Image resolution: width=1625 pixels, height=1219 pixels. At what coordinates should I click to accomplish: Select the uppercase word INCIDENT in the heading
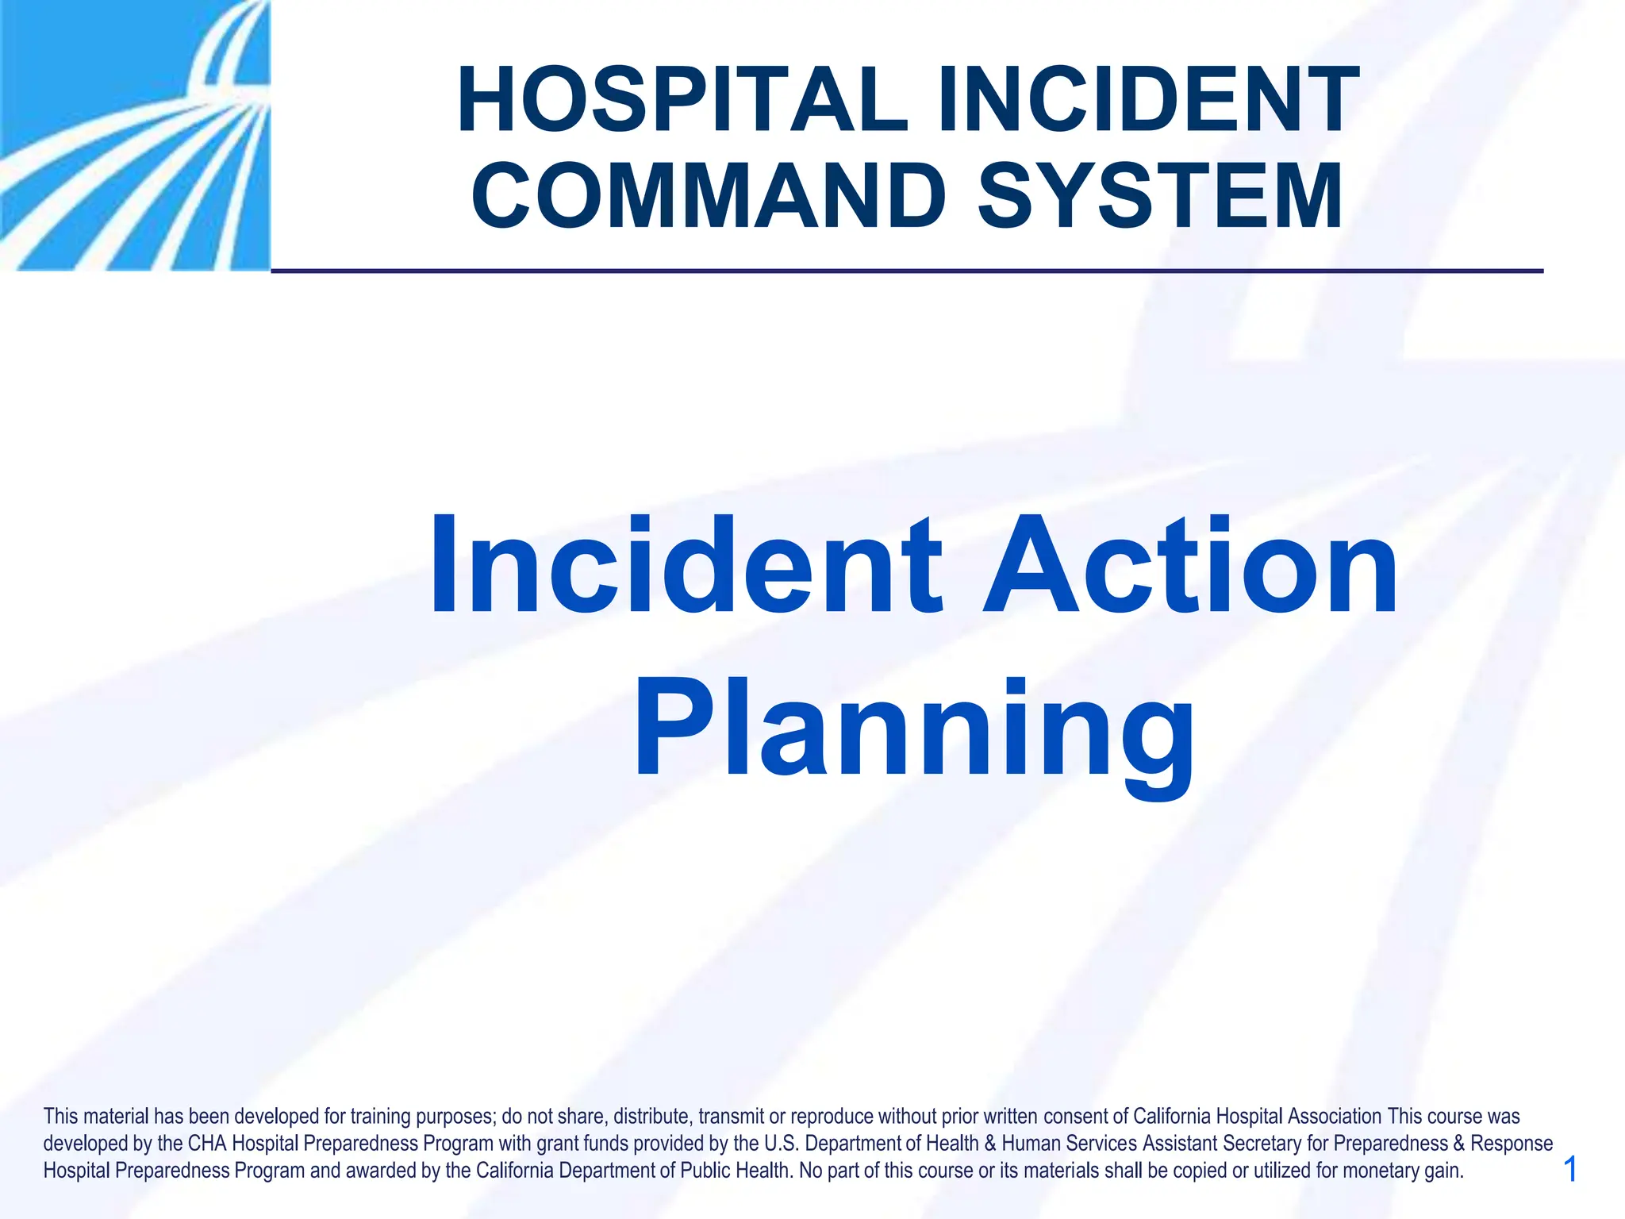point(1148,101)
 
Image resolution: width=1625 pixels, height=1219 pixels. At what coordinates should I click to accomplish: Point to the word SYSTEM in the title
point(1160,196)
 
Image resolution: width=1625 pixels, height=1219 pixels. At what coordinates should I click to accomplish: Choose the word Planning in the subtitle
point(913,730)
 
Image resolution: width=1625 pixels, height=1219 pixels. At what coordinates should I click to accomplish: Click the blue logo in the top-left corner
point(135,135)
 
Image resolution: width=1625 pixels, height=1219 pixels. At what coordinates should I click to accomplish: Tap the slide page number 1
point(1569,1170)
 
